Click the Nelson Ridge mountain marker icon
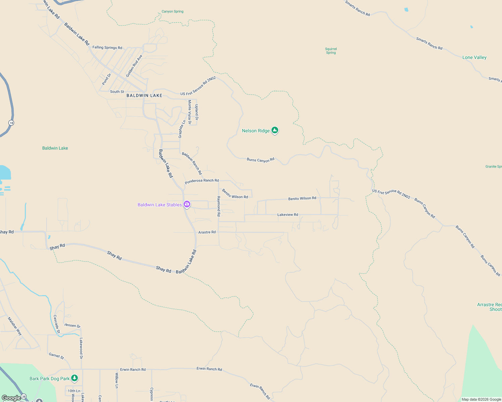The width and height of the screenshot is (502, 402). (x=275, y=130)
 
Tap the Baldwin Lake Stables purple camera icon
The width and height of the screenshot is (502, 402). (x=187, y=204)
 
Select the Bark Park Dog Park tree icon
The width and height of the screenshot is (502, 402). (x=74, y=378)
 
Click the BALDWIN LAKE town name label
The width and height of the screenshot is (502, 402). (x=144, y=95)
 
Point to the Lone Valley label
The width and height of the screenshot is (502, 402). (x=474, y=57)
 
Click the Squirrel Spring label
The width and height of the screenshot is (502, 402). (x=331, y=51)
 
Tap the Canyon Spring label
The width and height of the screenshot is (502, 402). (x=172, y=11)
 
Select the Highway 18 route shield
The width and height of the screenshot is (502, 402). (x=11, y=123)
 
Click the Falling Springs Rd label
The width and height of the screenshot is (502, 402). (x=107, y=48)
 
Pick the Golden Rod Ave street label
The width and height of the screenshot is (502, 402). (x=134, y=66)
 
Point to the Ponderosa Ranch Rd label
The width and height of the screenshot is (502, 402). (x=202, y=181)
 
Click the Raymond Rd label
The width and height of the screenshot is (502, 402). (x=218, y=206)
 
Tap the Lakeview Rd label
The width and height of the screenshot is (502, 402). (x=288, y=214)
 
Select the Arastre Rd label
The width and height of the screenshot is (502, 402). (x=207, y=232)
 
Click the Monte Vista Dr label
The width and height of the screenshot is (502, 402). (x=190, y=112)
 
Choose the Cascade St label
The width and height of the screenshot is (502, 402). (x=57, y=324)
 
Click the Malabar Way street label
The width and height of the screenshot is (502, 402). (x=15, y=326)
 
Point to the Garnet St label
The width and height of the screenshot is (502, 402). (x=56, y=355)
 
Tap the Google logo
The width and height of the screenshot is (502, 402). (x=11, y=398)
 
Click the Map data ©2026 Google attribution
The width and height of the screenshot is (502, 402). (x=481, y=399)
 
